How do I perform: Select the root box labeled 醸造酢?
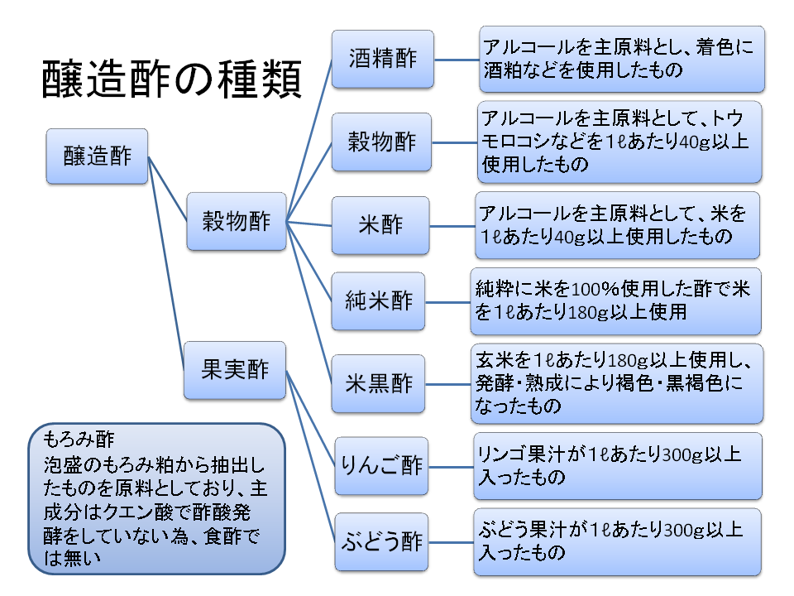(x=98, y=156)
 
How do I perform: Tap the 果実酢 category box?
(x=236, y=369)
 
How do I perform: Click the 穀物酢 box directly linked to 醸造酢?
(x=237, y=221)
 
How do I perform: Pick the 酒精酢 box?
(x=382, y=60)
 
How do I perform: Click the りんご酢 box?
(x=381, y=465)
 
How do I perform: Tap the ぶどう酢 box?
(x=381, y=542)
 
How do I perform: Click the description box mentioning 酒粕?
(x=622, y=59)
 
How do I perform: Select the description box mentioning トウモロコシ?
(x=619, y=142)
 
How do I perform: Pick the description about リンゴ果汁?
(x=617, y=465)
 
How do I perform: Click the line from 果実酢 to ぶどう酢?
(x=311, y=455)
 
